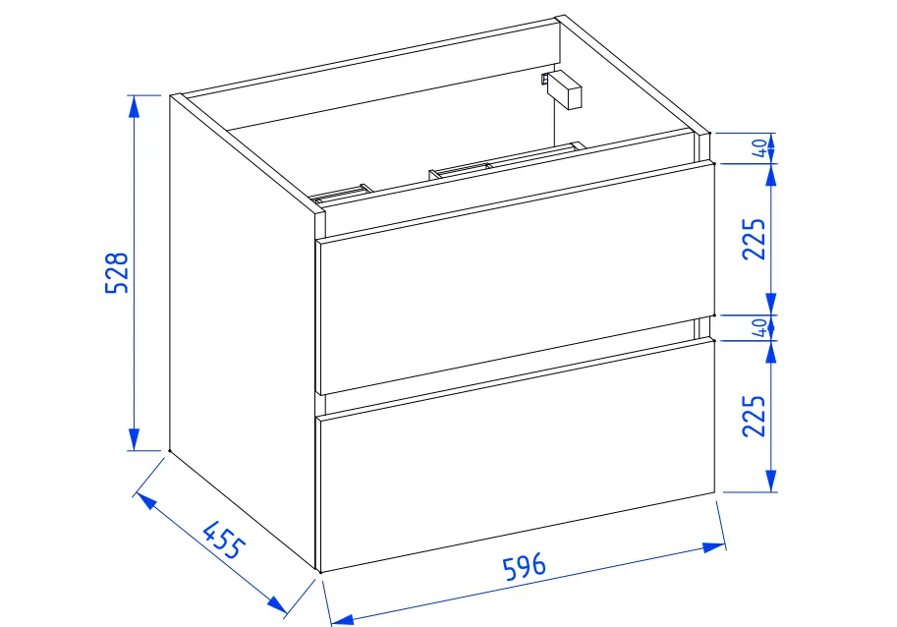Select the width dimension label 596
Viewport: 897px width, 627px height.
[524, 569]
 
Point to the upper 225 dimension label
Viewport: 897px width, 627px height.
[754, 239]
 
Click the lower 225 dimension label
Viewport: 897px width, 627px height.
[754, 417]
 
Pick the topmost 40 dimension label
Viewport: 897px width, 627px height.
[758, 148]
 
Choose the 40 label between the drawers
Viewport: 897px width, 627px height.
[758, 328]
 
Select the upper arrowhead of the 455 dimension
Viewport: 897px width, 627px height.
[144, 500]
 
